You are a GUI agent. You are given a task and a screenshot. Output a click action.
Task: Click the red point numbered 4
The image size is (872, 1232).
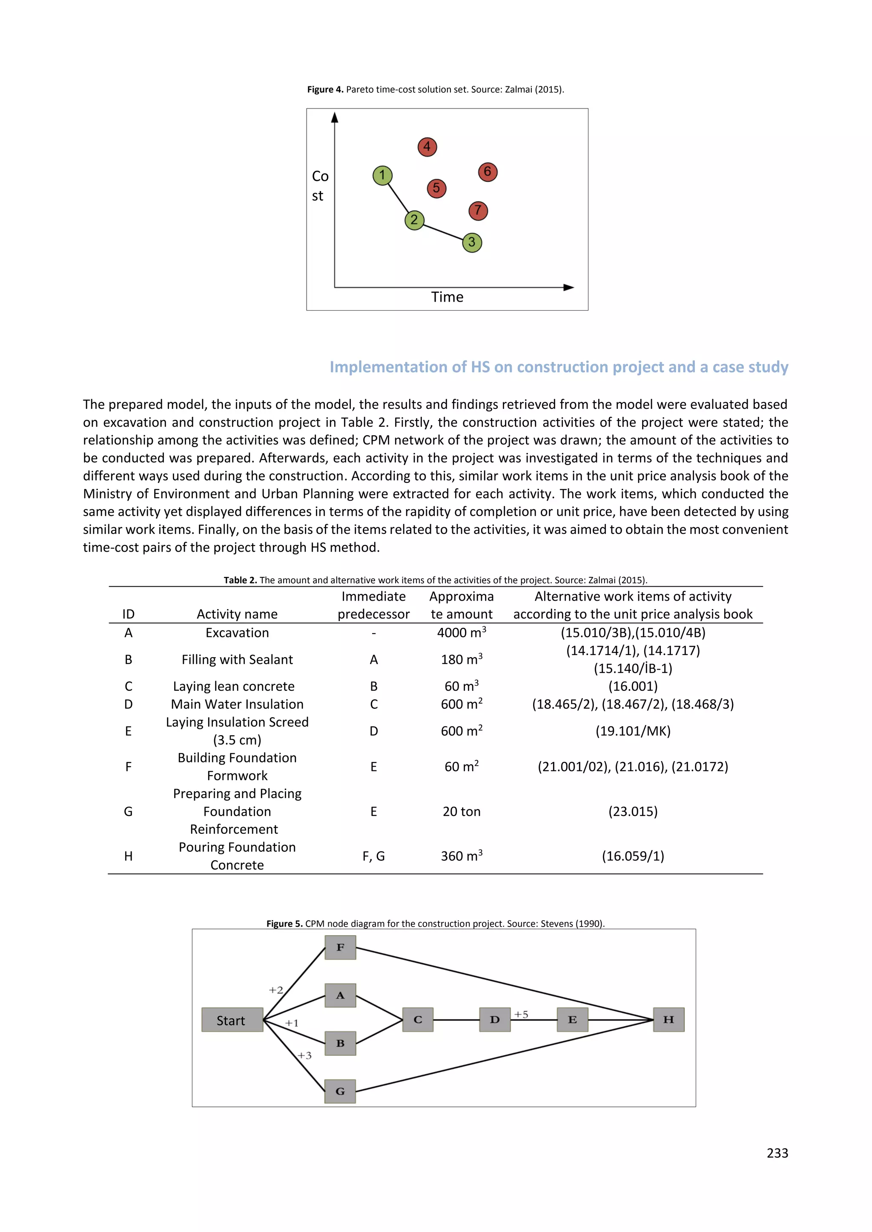[427, 146]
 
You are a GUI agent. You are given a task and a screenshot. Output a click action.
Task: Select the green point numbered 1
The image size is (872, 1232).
[382, 175]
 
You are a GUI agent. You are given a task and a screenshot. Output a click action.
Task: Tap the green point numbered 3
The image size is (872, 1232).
[472, 242]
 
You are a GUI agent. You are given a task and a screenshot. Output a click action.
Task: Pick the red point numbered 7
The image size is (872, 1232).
[478, 210]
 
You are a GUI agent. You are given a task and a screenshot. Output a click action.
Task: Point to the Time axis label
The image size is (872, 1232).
[447, 297]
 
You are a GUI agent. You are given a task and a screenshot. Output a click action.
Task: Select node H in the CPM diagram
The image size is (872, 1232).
[668, 1020]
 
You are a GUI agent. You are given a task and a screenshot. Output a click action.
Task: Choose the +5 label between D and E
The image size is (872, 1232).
[521, 1014]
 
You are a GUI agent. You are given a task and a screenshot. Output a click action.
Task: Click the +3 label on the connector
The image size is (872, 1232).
[304, 1055]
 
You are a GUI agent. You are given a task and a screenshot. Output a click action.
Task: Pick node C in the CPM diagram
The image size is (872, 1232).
[418, 1020]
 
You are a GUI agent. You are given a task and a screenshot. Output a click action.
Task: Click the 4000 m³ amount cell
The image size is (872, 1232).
[461, 633]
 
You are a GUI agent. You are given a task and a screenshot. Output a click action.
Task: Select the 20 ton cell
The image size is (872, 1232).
[461, 811]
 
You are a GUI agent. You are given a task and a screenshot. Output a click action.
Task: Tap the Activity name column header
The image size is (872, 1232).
[237, 614]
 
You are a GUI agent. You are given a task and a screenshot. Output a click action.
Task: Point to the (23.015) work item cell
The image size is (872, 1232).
[633, 811]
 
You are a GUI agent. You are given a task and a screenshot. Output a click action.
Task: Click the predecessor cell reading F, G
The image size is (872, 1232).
[373, 856]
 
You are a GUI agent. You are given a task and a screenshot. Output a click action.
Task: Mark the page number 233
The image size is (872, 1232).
[777, 1153]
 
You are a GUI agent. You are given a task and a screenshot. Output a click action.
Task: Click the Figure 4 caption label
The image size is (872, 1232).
[325, 90]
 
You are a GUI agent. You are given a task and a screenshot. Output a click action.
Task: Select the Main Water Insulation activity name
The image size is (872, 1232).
[237, 704]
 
